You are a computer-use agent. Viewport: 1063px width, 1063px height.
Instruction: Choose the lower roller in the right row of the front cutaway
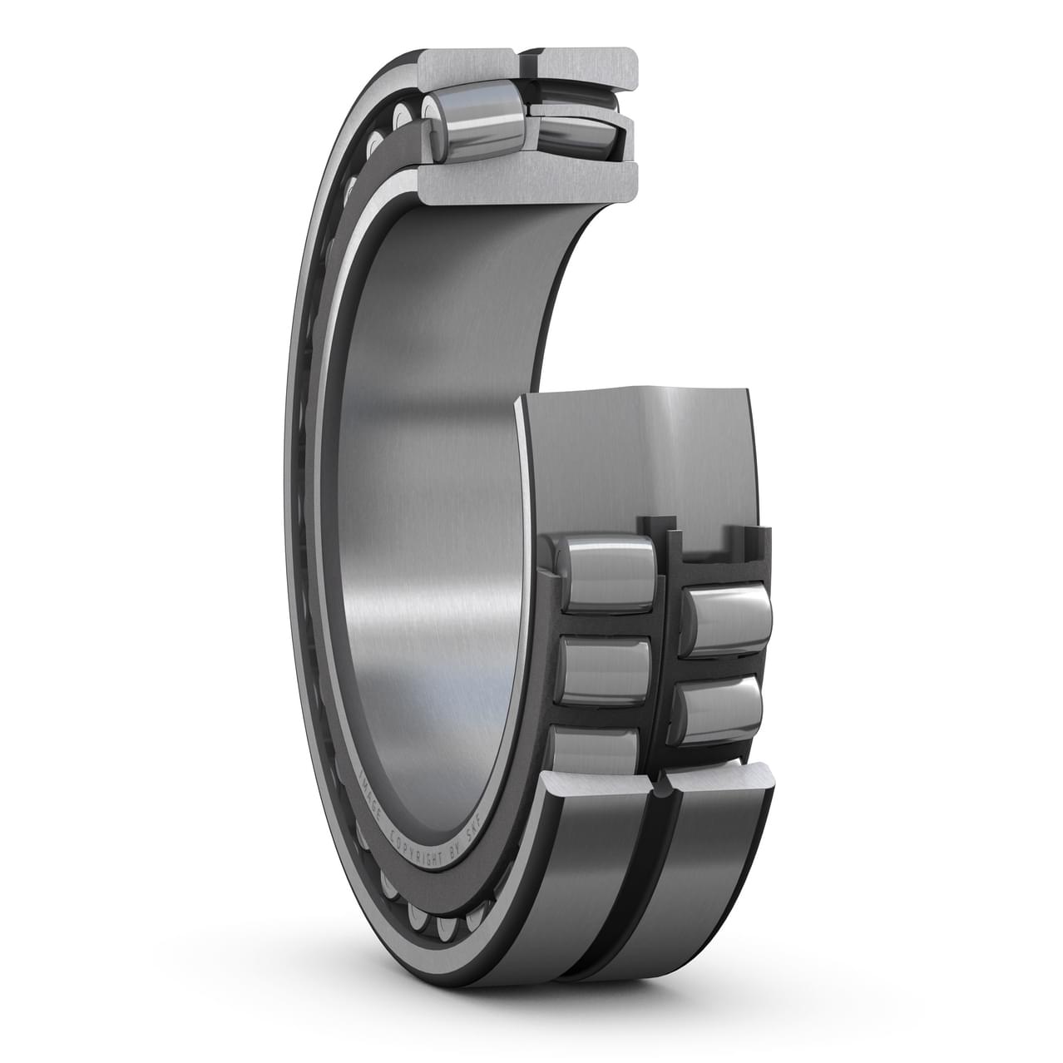point(720,709)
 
